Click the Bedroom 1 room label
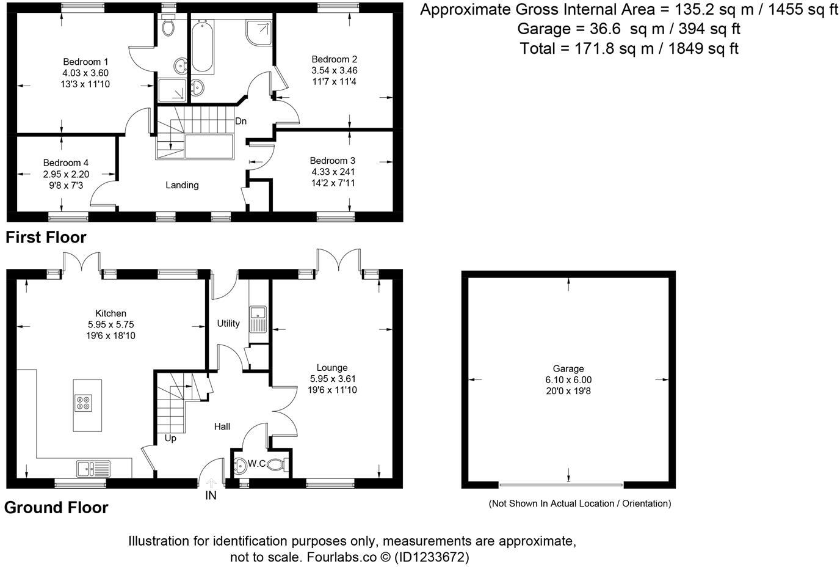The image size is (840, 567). (85, 62)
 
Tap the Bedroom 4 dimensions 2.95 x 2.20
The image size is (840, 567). (66, 174)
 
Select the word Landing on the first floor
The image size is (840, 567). (182, 185)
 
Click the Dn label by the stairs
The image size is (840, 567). (241, 121)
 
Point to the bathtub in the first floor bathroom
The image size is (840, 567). (202, 46)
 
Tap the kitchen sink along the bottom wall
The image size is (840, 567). (92, 469)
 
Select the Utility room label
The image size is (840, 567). (228, 323)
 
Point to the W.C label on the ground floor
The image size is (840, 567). (256, 464)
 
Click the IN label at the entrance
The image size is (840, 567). (211, 496)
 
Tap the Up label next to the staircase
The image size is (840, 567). (170, 438)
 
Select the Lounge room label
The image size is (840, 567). (333, 368)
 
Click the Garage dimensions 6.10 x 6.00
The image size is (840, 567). (568, 379)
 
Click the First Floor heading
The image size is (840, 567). (46, 237)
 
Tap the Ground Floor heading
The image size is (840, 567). (56, 508)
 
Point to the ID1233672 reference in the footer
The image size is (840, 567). (432, 557)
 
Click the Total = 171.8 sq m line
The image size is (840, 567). (629, 49)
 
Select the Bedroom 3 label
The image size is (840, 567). (333, 161)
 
